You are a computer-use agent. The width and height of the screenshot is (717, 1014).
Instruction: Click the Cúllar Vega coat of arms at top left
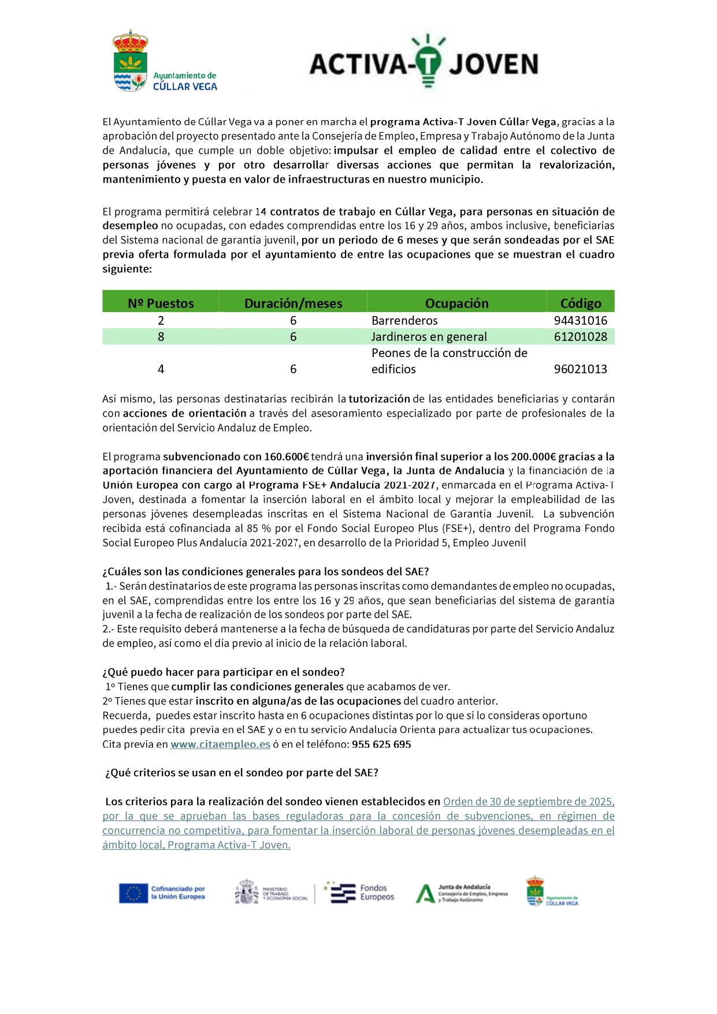click(130, 61)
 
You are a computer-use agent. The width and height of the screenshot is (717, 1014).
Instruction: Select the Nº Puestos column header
click(161, 303)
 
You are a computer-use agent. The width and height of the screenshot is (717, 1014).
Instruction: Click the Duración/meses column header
click(293, 303)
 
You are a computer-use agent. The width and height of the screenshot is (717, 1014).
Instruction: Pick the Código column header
click(581, 303)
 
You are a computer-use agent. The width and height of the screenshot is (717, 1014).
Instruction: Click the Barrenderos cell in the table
click(404, 321)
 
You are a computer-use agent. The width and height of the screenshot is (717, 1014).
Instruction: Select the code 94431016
click(580, 321)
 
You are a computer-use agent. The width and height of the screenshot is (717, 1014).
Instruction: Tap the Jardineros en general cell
click(429, 337)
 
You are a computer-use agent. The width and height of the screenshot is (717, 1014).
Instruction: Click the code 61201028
click(580, 337)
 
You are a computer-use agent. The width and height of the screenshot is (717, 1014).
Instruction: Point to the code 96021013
click(580, 369)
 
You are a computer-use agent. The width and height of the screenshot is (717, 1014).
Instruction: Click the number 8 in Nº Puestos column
click(161, 337)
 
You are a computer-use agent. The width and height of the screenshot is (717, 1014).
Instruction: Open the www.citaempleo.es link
click(220, 744)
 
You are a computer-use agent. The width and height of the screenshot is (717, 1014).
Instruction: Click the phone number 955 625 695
click(381, 744)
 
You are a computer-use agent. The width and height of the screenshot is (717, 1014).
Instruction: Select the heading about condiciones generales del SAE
click(266, 571)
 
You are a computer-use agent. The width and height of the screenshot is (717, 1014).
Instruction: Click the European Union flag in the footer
click(133, 893)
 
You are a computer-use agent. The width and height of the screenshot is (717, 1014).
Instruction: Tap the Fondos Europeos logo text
click(377, 893)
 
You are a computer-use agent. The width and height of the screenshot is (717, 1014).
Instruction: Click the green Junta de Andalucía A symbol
click(425, 894)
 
